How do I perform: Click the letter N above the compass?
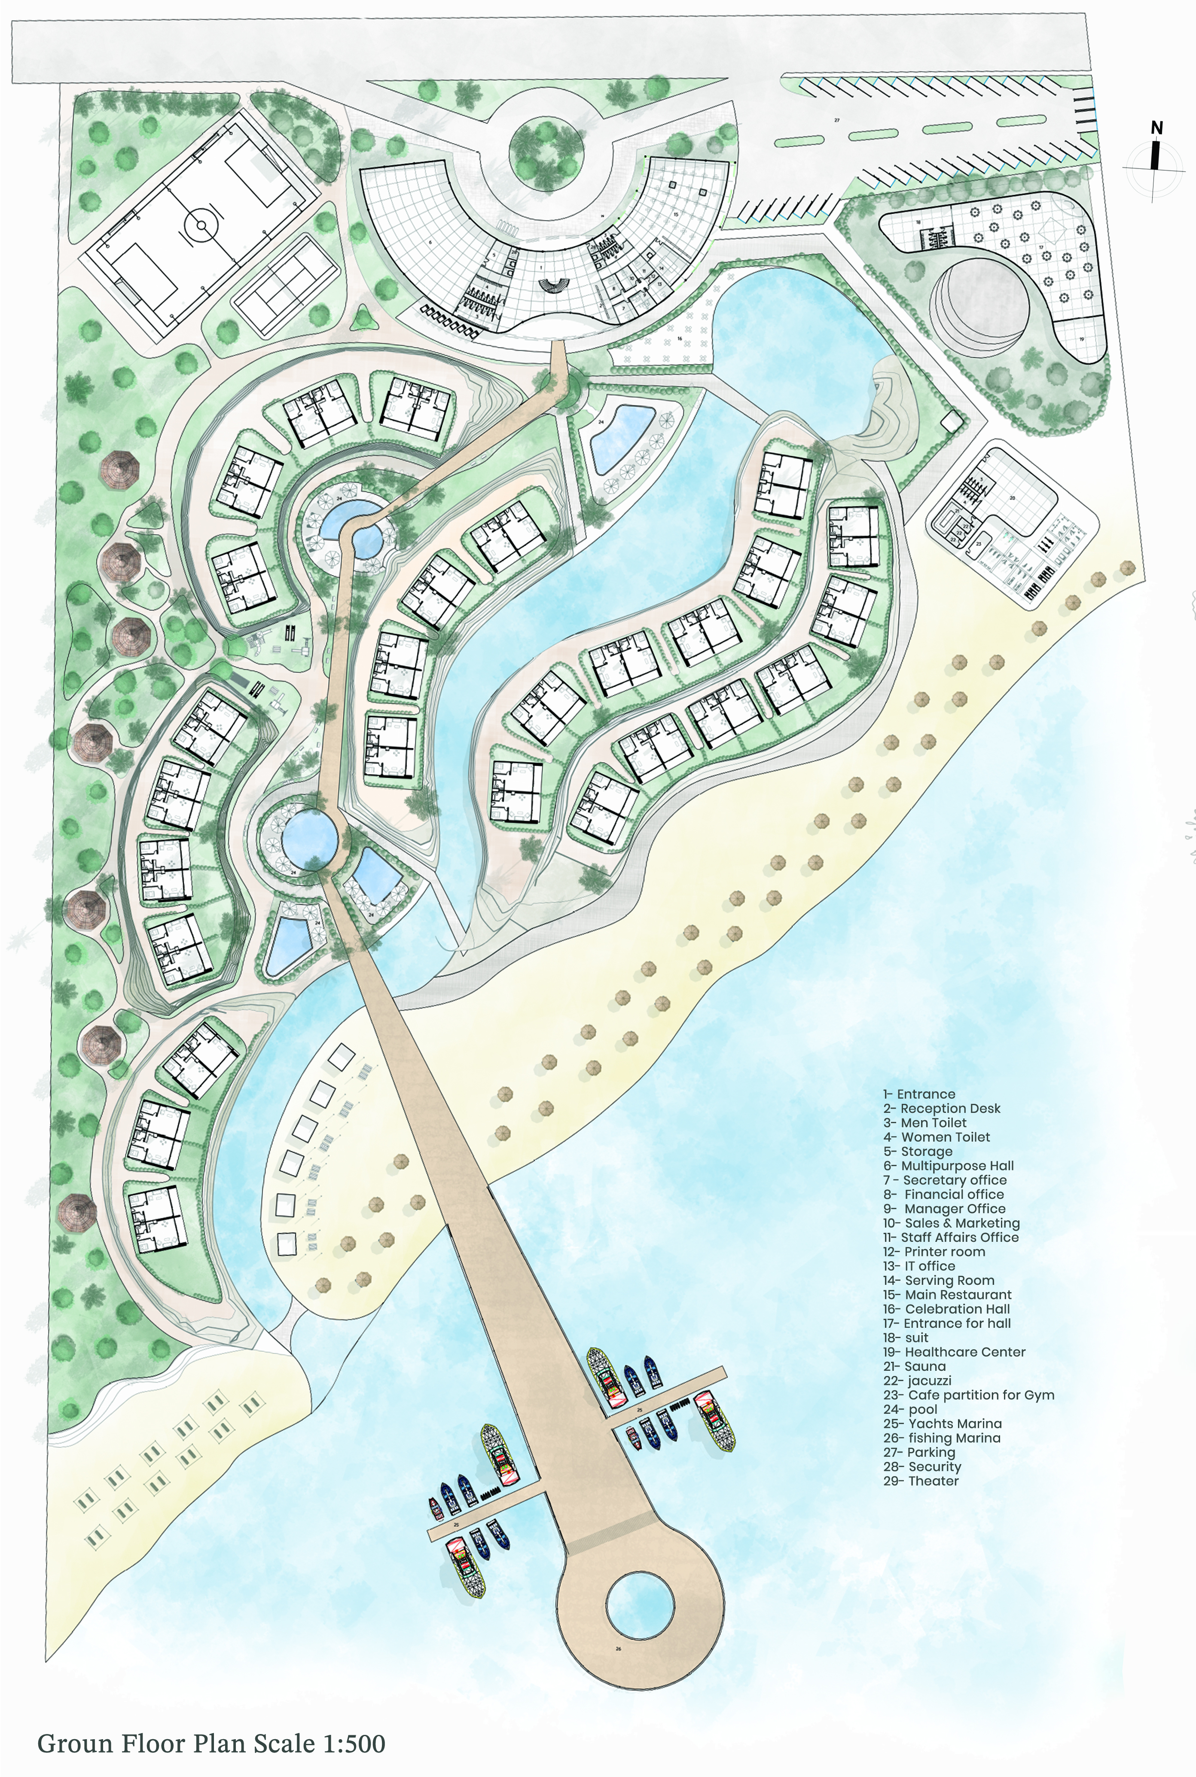(1156, 128)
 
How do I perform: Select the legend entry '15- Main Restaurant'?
(947, 1295)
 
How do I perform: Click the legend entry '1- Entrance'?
(918, 1094)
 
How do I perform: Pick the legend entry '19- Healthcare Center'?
(954, 1352)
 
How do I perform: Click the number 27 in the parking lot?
(837, 120)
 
